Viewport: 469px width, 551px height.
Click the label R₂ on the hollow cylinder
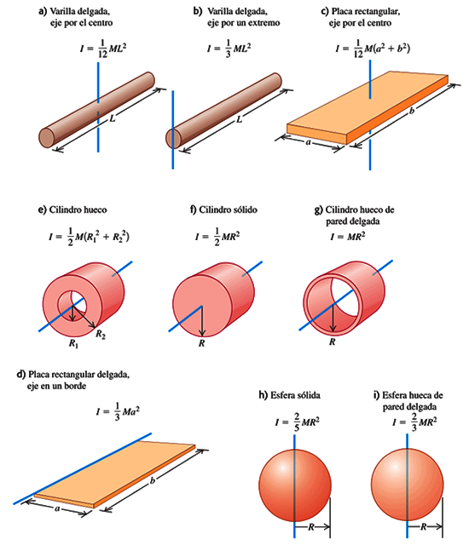tap(101, 333)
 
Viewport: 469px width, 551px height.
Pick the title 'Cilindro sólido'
tap(223, 209)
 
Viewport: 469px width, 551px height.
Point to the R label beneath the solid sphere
tap(312, 528)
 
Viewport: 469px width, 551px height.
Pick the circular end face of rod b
tap(174, 137)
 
